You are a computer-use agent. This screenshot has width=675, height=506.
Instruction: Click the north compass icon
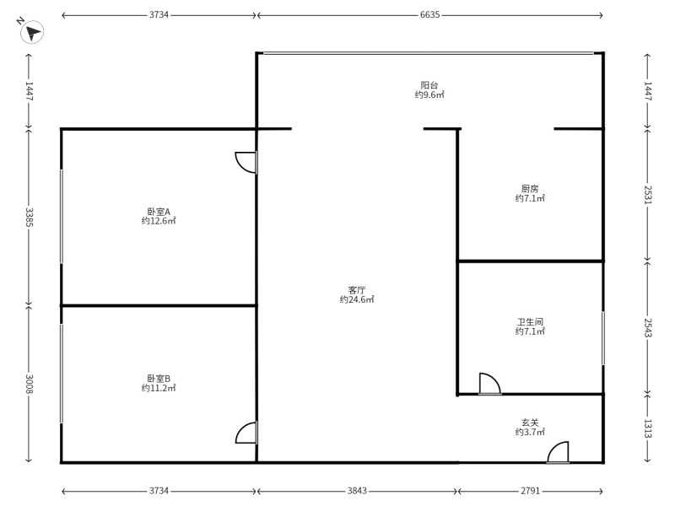click(x=32, y=33)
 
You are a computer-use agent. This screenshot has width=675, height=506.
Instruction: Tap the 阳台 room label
click(x=429, y=85)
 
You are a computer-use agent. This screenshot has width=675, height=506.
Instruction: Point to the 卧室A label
click(x=159, y=212)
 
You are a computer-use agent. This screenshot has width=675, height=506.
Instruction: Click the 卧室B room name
click(x=159, y=379)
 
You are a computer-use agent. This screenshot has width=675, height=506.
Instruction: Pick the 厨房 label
click(x=530, y=189)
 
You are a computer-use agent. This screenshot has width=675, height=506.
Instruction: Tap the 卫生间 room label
click(x=530, y=322)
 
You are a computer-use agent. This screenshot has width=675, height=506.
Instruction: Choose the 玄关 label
click(x=530, y=422)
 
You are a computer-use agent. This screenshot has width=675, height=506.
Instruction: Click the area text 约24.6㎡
click(x=357, y=299)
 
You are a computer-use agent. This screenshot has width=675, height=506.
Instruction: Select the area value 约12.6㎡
click(x=159, y=221)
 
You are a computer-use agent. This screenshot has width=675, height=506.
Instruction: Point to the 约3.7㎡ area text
click(x=530, y=432)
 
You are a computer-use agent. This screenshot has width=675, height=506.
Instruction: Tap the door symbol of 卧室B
click(x=246, y=433)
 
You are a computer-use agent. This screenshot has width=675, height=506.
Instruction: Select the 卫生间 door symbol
click(x=489, y=384)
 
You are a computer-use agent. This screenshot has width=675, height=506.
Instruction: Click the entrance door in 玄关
click(x=558, y=453)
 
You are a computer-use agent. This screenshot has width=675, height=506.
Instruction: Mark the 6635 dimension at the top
click(x=429, y=15)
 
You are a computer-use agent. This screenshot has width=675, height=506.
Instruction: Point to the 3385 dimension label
click(x=29, y=218)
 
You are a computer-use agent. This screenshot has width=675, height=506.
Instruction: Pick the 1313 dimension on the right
click(x=647, y=428)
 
